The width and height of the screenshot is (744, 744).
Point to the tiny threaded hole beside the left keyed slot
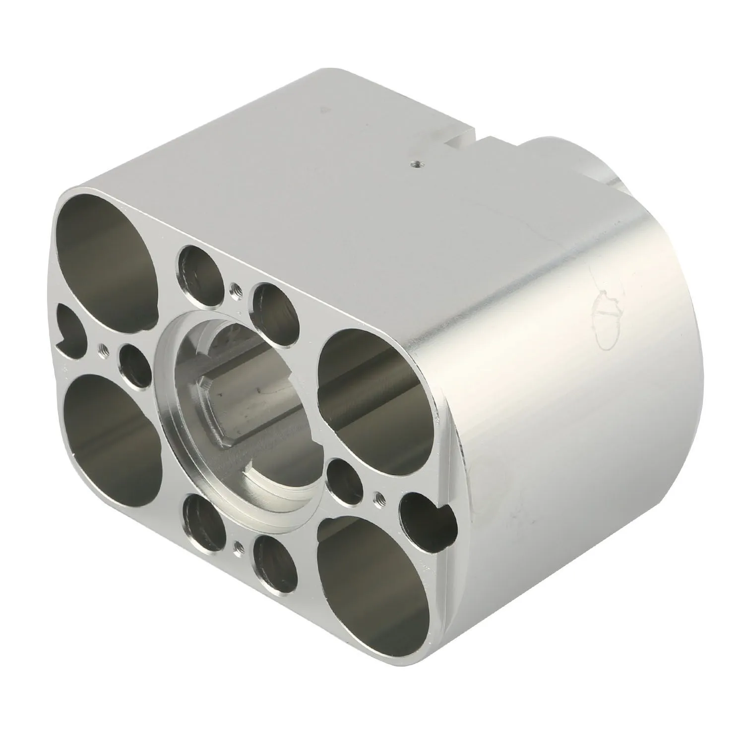click(103, 348)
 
